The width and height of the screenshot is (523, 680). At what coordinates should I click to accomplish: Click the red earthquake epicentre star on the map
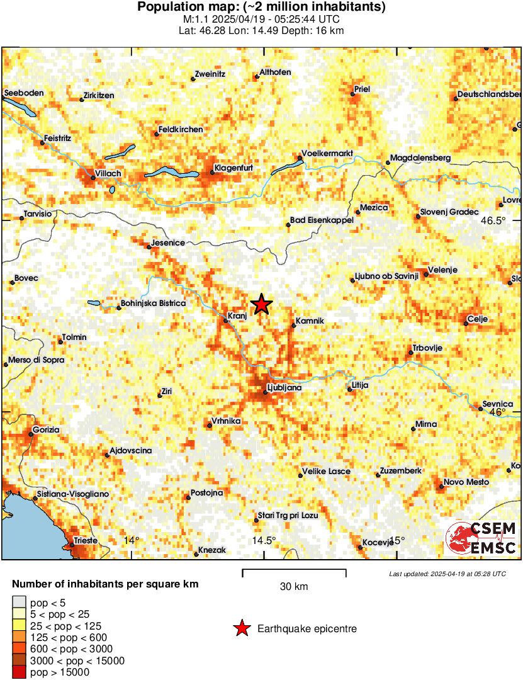(x=261, y=305)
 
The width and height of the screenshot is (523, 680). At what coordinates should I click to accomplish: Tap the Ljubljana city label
(x=284, y=388)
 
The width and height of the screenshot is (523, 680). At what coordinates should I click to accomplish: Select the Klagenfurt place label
(x=233, y=168)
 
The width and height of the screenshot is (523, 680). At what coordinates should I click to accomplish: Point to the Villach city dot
(x=93, y=178)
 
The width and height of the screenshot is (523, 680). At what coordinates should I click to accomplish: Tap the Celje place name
(x=478, y=320)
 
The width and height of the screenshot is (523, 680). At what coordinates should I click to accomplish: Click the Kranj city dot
(x=225, y=320)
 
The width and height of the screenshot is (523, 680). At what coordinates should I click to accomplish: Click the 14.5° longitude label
(x=264, y=540)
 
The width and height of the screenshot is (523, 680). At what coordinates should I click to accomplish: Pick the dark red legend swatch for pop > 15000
(x=20, y=672)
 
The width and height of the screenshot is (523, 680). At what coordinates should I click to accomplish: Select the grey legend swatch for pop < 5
(x=20, y=603)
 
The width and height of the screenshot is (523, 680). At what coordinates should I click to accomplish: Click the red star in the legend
(x=241, y=628)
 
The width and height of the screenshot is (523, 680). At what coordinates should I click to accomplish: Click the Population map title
(x=261, y=8)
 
